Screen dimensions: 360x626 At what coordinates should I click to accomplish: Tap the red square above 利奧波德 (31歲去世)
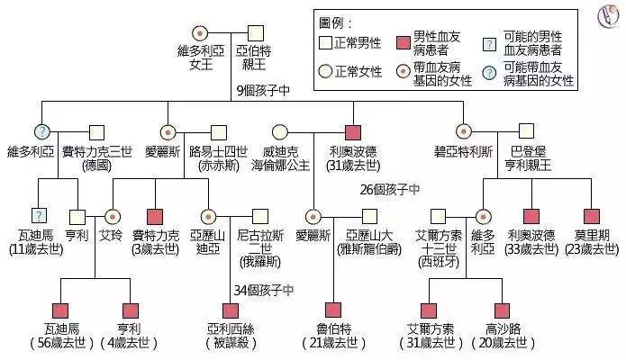point(353,131)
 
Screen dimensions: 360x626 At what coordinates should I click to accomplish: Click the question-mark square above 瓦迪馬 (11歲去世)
point(38,216)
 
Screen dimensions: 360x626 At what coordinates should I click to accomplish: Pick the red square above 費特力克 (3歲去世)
point(154,216)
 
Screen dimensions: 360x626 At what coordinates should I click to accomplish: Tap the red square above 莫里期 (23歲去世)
point(591,216)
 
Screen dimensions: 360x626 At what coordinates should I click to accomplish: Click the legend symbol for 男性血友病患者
point(404,41)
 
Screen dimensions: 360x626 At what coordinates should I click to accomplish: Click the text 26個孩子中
point(389,190)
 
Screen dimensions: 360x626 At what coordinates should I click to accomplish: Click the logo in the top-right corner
point(604,16)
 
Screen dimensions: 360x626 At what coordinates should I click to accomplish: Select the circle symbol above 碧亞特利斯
point(465,131)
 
